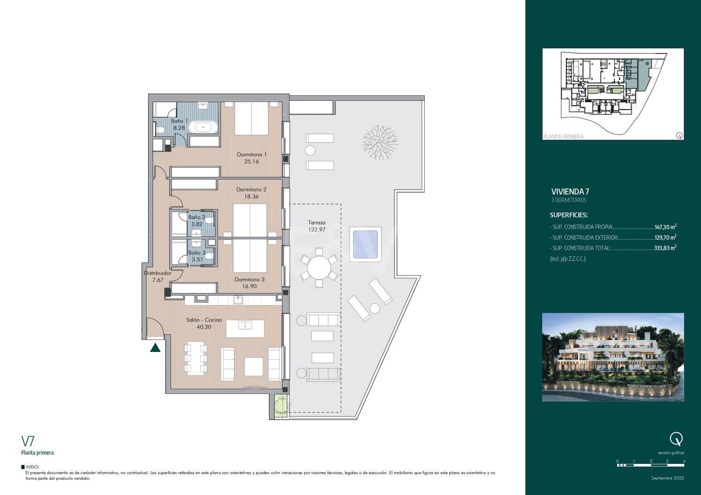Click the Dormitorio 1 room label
[251, 154]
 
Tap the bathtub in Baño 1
[204, 127]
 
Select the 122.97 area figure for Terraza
[317, 230]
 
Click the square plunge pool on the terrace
[365, 244]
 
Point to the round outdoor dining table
[319, 268]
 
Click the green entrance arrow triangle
[155, 347]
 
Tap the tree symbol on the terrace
[380, 142]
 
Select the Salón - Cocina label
[204, 320]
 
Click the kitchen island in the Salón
[245, 328]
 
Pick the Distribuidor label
[157, 273]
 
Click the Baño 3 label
[197, 253]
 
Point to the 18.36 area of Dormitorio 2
[251, 197]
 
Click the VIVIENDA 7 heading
[570, 192]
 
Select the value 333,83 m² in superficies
[665, 248]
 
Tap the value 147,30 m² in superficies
[665, 227]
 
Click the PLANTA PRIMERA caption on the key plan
[563, 137]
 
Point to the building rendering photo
[613, 357]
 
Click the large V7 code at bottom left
[28, 441]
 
